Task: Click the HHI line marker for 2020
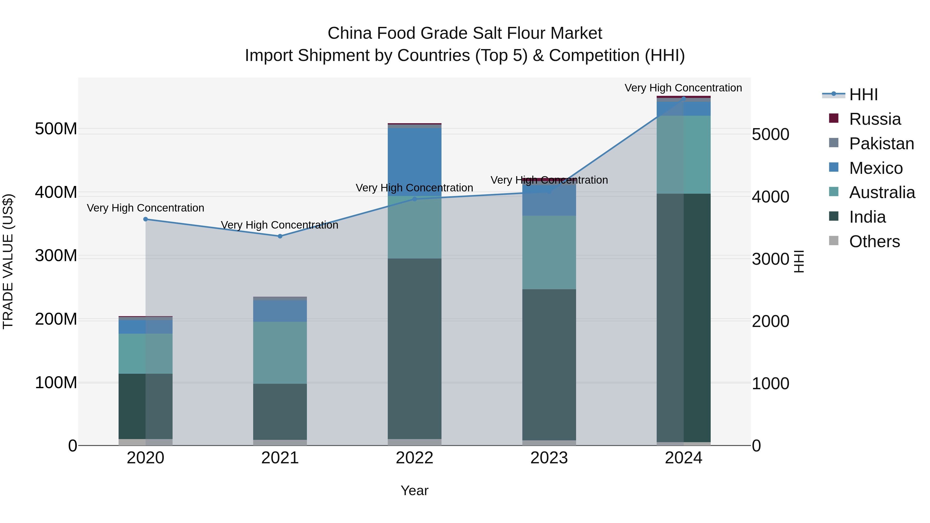[x=145, y=219]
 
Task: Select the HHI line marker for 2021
[x=280, y=236]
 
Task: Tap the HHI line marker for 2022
[x=414, y=199]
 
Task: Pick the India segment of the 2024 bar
[x=683, y=318]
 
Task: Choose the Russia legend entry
[x=874, y=119]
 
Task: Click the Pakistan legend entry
[x=881, y=144]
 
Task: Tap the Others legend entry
[x=874, y=241]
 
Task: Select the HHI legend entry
[x=863, y=95]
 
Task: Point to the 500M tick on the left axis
[x=56, y=129]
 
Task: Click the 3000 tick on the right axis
[x=770, y=259]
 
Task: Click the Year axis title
[x=414, y=490]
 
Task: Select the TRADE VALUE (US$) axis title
[x=8, y=261]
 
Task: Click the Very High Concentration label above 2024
[x=683, y=88]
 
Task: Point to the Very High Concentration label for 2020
[x=145, y=208]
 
